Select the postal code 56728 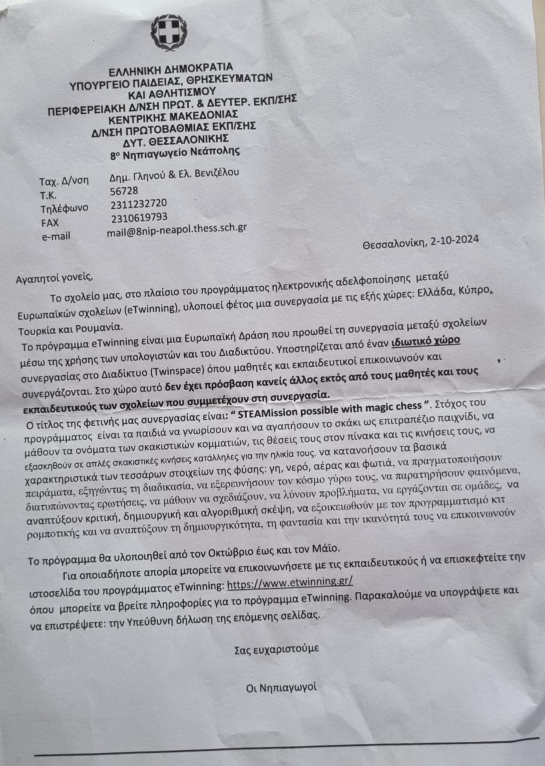(124, 191)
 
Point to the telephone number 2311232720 (139, 204)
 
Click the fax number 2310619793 (139, 217)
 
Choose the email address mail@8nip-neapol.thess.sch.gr (176, 230)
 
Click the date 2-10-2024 (454, 240)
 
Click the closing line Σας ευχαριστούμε (277, 649)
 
